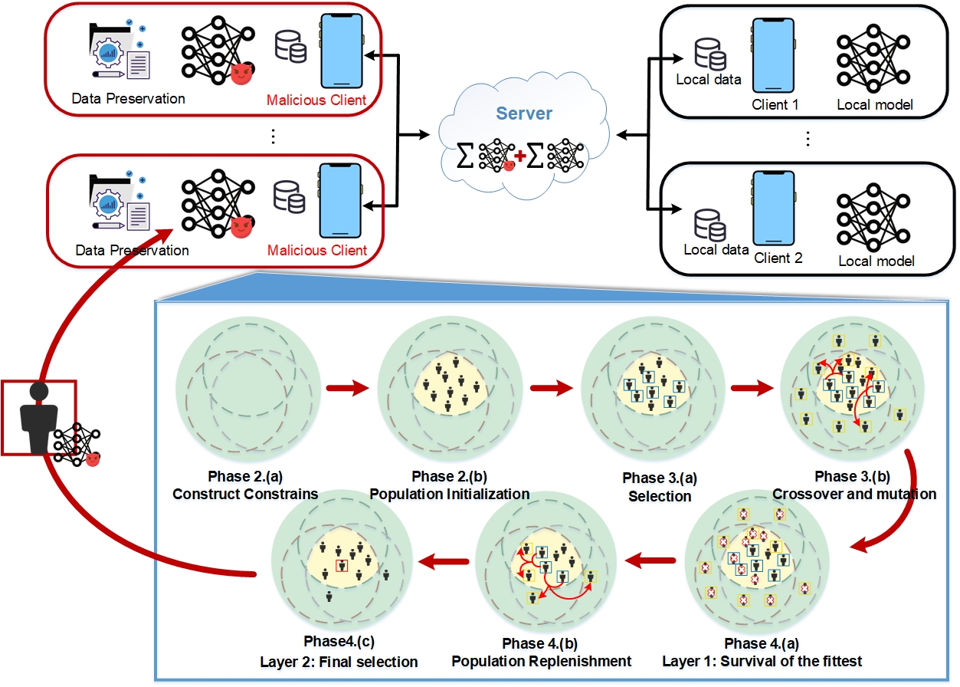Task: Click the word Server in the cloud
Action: (x=525, y=113)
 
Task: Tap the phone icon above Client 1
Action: (x=775, y=56)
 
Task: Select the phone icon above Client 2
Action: (x=775, y=209)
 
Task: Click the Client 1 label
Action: (x=776, y=104)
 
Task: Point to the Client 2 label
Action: (x=778, y=258)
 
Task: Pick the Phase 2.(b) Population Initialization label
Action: (x=449, y=486)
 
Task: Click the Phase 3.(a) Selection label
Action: (x=660, y=487)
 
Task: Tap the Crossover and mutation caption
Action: (x=854, y=495)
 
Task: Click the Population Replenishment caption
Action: (x=541, y=661)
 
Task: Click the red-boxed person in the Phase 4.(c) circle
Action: (x=342, y=567)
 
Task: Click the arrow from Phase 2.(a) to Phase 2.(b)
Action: (x=347, y=389)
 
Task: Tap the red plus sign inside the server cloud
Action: (x=520, y=156)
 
